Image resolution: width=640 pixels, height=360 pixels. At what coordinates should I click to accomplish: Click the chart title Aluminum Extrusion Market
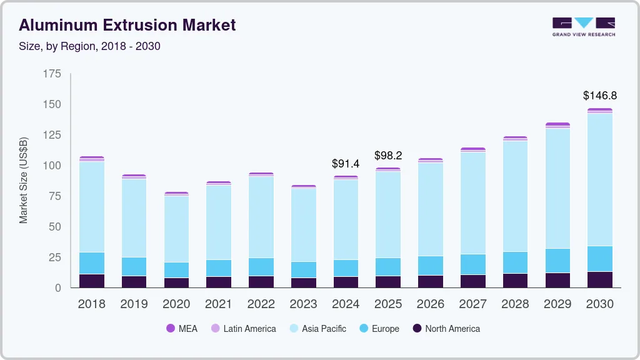tap(127, 25)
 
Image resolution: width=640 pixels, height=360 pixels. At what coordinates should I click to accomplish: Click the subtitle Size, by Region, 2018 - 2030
tap(90, 46)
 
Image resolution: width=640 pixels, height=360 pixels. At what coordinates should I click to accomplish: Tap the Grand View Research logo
tap(583, 26)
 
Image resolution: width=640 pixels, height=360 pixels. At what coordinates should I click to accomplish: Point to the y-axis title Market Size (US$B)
tap(24, 180)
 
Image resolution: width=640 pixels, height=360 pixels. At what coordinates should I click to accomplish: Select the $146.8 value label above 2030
tap(599, 96)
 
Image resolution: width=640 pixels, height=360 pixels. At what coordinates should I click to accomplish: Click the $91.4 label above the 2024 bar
tap(346, 164)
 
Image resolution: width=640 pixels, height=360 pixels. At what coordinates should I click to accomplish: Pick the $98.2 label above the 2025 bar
tap(388, 156)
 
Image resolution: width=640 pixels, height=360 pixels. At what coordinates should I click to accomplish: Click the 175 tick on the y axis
tap(52, 74)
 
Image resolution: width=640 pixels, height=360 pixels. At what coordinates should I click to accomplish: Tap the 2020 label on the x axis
tap(176, 304)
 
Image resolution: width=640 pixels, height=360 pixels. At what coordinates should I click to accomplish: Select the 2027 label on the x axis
tap(472, 304)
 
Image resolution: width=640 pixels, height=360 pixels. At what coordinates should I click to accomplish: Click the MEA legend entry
tap(182, 329)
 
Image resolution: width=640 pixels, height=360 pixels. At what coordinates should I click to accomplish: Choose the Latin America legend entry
tap(243, 329)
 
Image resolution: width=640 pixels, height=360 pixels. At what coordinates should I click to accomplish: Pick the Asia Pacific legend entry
tap(317, 329)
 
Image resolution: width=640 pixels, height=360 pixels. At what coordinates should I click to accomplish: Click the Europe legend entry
tap(379, 329)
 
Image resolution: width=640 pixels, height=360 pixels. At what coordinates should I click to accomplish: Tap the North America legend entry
tap(446, 329)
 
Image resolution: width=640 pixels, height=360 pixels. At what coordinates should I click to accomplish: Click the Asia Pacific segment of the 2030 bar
tap(599, 179)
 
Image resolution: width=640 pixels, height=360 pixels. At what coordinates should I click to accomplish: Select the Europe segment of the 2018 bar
tap(92, 263)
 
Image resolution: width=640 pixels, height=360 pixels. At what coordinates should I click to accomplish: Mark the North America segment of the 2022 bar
tap(261, 282)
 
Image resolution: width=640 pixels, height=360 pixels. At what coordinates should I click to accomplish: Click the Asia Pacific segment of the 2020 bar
tap(176, 229)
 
